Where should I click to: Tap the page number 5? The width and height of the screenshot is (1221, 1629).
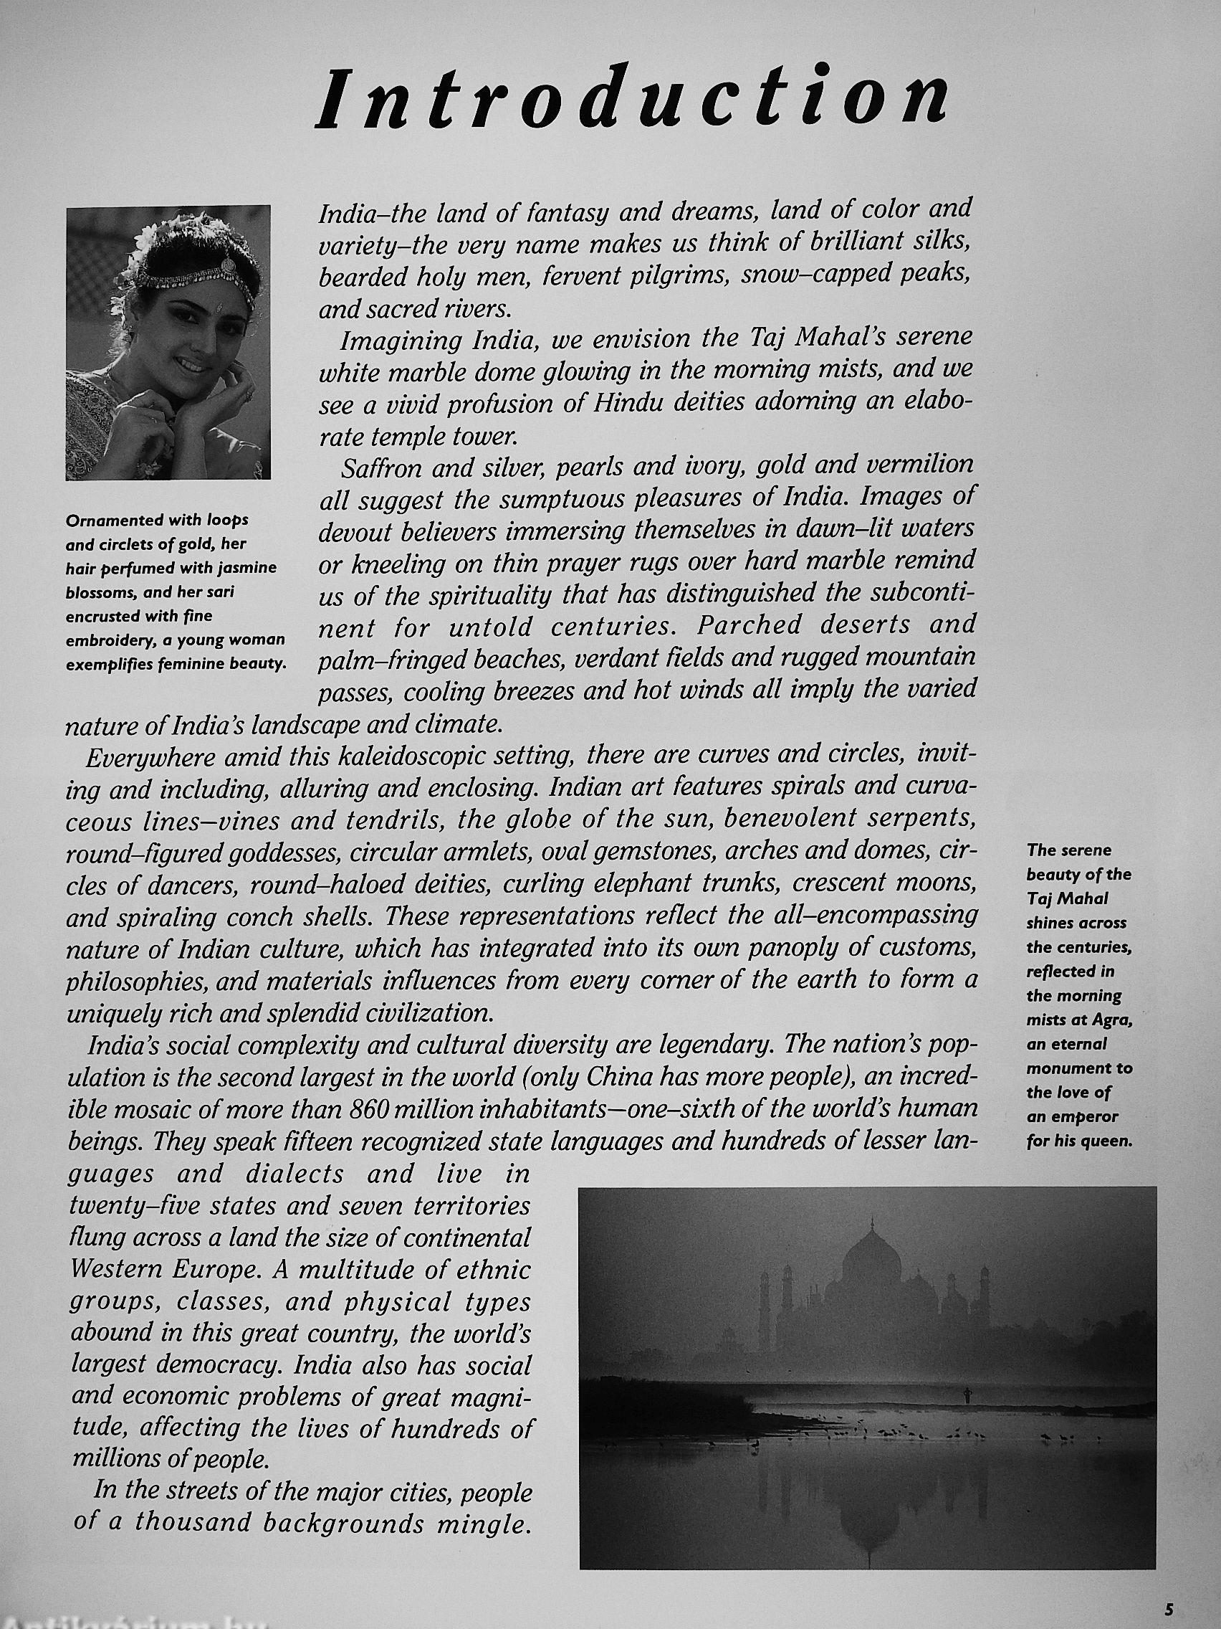pyautogui.click(x=1168, y=1607)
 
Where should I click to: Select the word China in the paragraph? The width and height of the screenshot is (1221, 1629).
pyautogui.click(x=622, y=1078)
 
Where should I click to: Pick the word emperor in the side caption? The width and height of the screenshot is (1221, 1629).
pyautogui.click(x=1084, y=1117)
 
